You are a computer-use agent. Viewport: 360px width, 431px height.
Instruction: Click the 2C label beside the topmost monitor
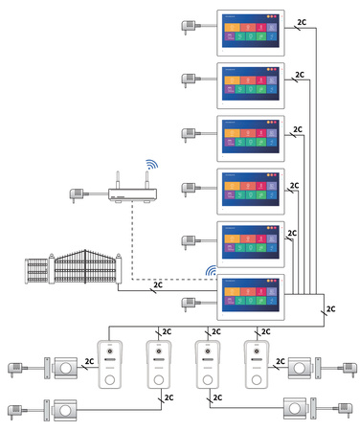(303, 21)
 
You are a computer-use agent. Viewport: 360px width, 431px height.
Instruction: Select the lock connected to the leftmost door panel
(66, 367)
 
